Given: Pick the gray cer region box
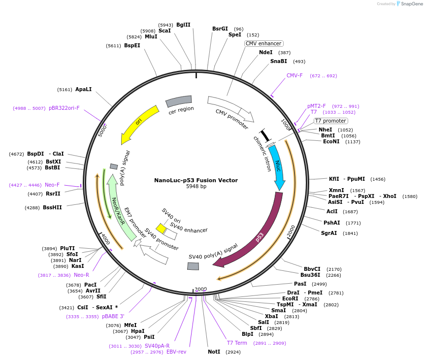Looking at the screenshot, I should click(179, 101).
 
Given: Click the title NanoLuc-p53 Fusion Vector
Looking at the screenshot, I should click(196, 180).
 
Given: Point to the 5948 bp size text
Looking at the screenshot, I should click(196, 187).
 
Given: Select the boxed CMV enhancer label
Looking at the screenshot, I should click(263, 43).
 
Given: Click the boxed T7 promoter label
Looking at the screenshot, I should click(331, 121).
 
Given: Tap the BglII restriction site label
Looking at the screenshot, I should click(183, 25).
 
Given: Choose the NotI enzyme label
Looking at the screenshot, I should click(214, 352).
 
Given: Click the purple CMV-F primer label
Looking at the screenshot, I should click(294, 75).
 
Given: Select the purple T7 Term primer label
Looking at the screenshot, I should click(237, 343).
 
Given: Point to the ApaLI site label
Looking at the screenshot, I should click(83, 90).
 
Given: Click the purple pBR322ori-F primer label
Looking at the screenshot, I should click(64, 108).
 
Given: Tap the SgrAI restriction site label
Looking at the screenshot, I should click(329, 233).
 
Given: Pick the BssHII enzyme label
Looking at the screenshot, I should click(52, 207).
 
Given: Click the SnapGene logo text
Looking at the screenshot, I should click(412, 4).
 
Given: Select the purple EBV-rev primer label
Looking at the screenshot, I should click(176, 352).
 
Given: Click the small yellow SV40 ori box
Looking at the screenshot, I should click(161, 228).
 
